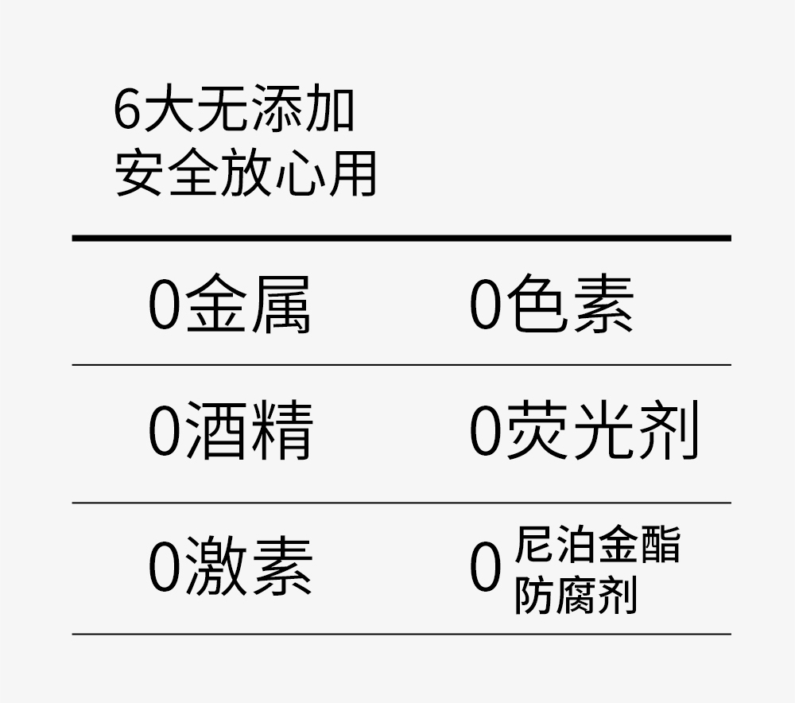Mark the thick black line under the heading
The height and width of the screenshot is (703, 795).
point(401,238)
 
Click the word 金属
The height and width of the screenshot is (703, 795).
point(247,305)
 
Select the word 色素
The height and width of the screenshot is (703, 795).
point(569,305)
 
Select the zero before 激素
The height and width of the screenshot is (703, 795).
point(165,568)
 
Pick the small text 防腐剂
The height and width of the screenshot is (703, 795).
point(576,595)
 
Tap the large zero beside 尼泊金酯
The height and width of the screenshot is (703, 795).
point(485,569)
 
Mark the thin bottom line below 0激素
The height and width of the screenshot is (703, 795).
point(401,634)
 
